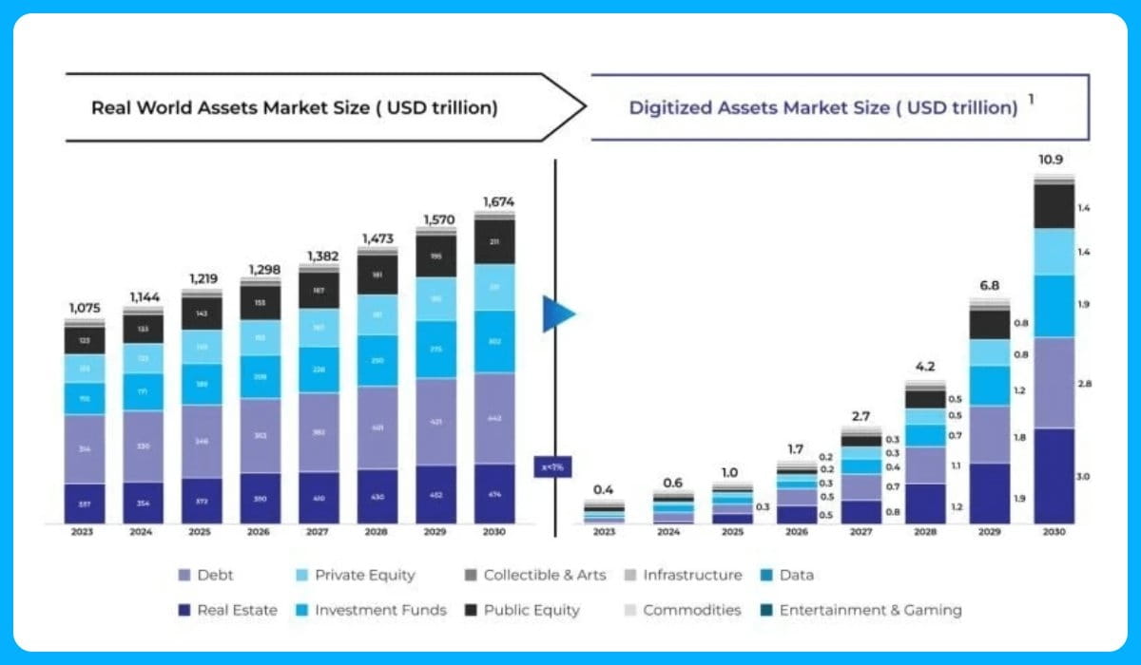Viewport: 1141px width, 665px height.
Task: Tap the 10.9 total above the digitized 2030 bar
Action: coord(1050,160)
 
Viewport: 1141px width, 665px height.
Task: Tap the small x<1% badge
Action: coord(552,466)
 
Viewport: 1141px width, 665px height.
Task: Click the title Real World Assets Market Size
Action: coord(294,107)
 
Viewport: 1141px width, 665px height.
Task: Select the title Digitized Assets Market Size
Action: coord(823,107)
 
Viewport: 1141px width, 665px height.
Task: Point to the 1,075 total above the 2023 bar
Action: coord(85,308)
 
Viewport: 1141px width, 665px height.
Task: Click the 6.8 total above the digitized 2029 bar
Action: coord(989,285)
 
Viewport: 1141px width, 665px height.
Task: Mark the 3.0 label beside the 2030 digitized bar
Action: coord(1083,476)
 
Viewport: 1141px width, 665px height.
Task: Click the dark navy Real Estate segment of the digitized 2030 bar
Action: coord(1054,475)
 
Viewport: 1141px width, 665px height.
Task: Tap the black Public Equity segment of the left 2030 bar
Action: coord(494,241)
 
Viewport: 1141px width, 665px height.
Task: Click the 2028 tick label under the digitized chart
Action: coord(926,533)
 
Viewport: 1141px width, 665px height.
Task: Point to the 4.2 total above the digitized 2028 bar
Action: coord(926,367)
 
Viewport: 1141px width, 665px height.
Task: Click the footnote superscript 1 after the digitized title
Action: coord(1032,98)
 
